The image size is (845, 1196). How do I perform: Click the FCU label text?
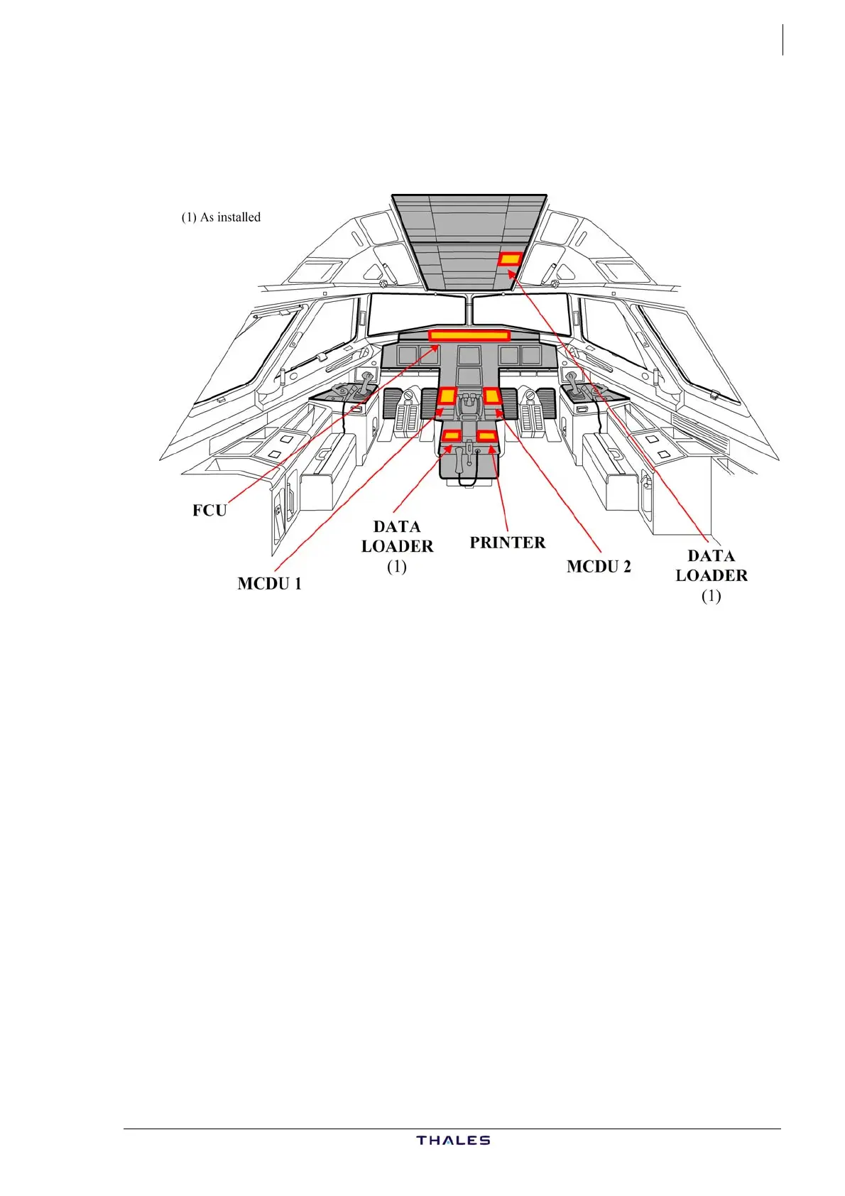(x=209, y=511)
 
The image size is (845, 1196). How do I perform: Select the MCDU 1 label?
(x=269, y=584)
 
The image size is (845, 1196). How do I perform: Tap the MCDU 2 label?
(x=599, y=567)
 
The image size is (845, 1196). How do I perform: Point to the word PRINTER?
(x=508, y=543)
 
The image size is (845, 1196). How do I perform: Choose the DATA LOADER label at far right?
(x=712, y=566)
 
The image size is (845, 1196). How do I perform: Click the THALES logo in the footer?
(x=453, y=1141)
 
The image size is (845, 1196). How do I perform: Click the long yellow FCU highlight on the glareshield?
(x=469, y=335)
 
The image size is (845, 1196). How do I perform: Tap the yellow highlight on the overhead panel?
(x=510, y=259)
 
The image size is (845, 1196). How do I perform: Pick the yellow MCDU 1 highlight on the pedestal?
(x=447, y=396)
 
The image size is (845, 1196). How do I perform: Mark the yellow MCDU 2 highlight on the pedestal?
(x=492, y=395)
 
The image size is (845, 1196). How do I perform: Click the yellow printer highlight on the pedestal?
(x=486, y=435)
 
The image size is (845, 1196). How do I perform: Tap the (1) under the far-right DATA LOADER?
(x=711, y=596)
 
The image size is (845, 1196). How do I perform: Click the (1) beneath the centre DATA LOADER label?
(x=396, y=567)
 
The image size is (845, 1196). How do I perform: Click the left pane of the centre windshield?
(x=416, y=314)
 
